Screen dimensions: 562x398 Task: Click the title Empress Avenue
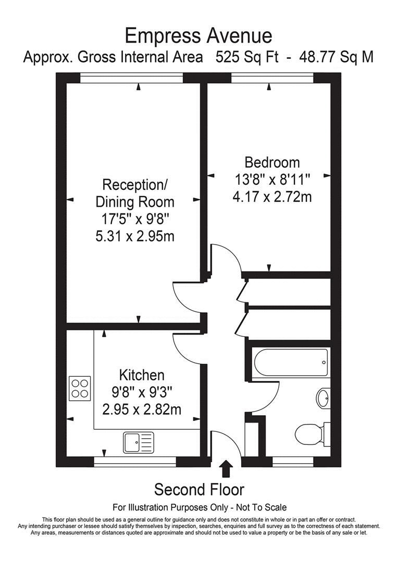198,35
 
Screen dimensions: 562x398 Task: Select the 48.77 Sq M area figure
337,57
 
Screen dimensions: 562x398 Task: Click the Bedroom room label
273,162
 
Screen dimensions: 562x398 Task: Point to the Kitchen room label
142,375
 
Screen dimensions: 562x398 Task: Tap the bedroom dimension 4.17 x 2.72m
273,197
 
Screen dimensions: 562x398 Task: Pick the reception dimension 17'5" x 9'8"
134,219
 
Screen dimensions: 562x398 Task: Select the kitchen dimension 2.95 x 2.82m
142,410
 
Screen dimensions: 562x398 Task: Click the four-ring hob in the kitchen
80,387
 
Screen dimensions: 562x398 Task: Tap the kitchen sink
139,443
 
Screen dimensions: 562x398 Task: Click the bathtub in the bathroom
290,358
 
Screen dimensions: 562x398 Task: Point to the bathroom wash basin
323,399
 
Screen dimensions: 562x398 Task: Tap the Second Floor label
199,490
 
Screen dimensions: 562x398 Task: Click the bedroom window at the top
272,78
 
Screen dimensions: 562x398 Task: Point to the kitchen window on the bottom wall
135,461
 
